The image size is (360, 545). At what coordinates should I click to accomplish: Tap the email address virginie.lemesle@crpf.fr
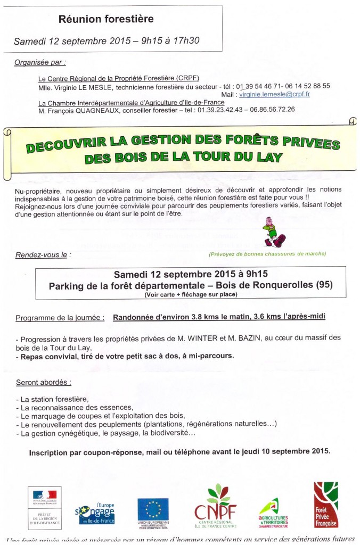coord(274,94)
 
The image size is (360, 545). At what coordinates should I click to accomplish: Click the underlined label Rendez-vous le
coord(41,255)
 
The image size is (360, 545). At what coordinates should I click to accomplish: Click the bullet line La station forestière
coord(53,399)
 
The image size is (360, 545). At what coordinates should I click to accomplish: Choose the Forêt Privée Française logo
coord(325,505)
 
